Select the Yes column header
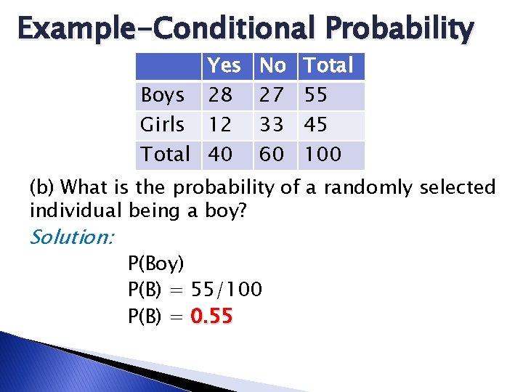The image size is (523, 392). (x=224, y=66)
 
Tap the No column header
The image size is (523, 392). (x=272, y=66)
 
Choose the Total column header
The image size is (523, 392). (x=328, y=66)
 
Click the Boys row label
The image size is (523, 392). (x=162, y=95)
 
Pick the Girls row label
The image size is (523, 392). (x=162, y=125)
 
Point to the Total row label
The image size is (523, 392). (x=165, y=154)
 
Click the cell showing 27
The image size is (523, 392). (x=272, y=95)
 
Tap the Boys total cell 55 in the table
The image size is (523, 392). (x=315, y=95)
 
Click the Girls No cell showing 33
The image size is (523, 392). (x=272, y=125)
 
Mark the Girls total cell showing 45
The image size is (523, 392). (x=315, y=125)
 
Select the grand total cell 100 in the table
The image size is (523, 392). (x=322, y=154)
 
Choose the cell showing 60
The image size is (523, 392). (x=272, y=154)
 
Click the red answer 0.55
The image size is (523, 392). (x=211, y=317)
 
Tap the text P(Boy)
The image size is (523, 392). (x=155, y=263)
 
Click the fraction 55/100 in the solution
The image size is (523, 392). (x=226, y=290)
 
